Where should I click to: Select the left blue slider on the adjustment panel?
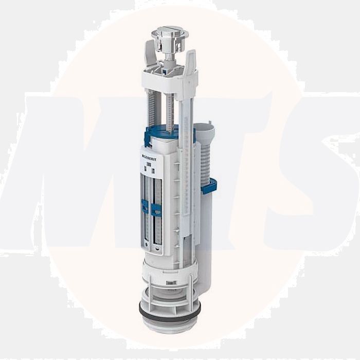pyautogui.click(x=146, y=207)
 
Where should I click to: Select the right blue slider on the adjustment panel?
pyautogui.click(x=156, y=209)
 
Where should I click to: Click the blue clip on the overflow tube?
pyautogui.click(x=209, y=186)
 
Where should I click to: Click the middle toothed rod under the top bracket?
pyautogui.click(x=169, y=113)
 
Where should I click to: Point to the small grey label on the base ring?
pyautogui.click(x=170, y=282)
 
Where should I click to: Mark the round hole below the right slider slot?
pyautogui.click(x=157, y=246)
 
